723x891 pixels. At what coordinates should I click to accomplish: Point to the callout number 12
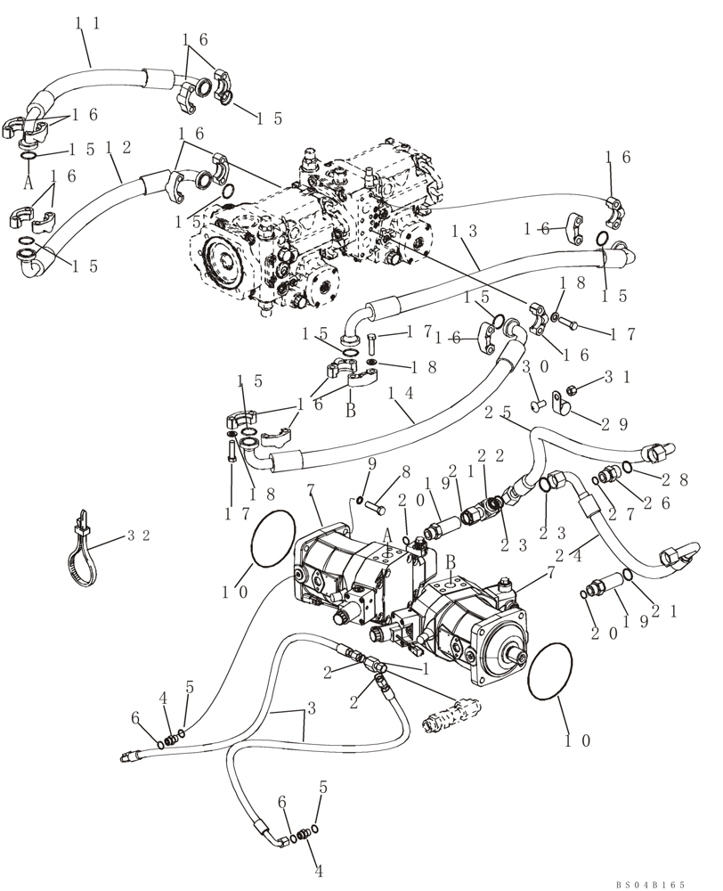click(x=118, y=148)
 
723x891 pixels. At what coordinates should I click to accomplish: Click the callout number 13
click(x=464, y=229)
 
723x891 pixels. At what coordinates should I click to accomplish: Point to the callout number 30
click(x=529, y=366)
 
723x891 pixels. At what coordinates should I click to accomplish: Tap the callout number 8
click(x=405, y=471)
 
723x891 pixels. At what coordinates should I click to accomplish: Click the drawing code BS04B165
click(x=649, y=884)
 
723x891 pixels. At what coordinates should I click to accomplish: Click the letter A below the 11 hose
click(x=28, y=183)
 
